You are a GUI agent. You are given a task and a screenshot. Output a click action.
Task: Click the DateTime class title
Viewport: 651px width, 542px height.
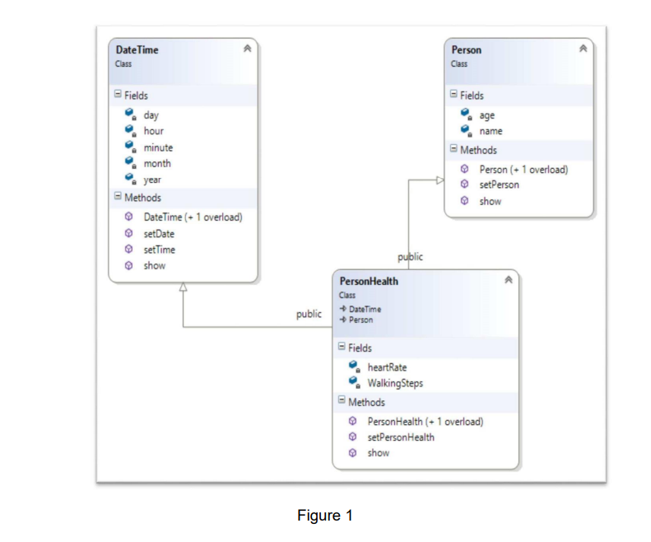(137, 50)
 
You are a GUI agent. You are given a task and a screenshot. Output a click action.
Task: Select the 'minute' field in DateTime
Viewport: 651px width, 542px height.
(158, 147)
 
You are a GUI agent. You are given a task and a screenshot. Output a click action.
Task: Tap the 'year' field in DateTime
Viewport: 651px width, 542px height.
(152, 180)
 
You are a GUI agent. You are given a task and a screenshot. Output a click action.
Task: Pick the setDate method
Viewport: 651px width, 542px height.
(159, 234)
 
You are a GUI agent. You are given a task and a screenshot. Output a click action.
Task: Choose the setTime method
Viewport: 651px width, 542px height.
(159, 250)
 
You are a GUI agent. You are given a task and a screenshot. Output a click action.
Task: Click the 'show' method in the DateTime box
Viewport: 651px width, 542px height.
(154, 265)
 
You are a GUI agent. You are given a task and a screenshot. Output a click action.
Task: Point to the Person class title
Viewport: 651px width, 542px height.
(466, 50)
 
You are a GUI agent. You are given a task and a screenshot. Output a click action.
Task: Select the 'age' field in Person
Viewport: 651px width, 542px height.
(486, 115)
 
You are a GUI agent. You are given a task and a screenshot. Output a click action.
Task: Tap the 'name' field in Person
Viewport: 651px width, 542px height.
(491, 131)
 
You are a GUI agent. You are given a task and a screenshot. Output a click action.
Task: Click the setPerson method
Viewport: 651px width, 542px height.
(499, 185)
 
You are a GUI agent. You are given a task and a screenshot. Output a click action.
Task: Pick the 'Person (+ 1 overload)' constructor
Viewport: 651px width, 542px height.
(523, 169)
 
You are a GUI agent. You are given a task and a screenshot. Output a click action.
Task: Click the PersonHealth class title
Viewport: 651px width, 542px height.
(369, 282)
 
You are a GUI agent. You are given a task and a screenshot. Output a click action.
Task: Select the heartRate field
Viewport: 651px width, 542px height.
(387, 367)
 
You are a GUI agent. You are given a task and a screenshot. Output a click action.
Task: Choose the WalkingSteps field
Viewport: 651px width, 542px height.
(395, 383)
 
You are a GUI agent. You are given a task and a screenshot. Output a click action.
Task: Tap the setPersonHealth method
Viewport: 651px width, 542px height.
(400, 437)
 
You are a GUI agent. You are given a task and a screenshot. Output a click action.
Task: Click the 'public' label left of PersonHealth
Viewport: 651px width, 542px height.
(309, 315)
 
